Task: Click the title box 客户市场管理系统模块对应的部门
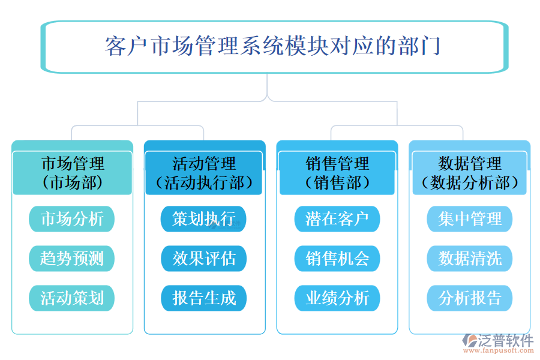point(273,47)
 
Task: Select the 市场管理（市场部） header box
point(72,173)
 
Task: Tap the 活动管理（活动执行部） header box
point(205,173)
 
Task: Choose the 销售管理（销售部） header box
point(337,173)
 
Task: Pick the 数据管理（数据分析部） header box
point(470,173)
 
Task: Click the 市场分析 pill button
point(72,219)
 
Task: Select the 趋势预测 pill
point(72,259)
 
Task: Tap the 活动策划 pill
point(72,298)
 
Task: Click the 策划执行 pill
point(204,219)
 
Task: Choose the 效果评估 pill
point(204,259)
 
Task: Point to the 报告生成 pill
point(204,298)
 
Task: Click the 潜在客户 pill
point(337,219)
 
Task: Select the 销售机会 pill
point(337,259)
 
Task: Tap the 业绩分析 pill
point(337,298)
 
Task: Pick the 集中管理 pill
point(470,219)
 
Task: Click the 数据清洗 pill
point(470,259)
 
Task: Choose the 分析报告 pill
point(470,298)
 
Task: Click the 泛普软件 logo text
point(506,341)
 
